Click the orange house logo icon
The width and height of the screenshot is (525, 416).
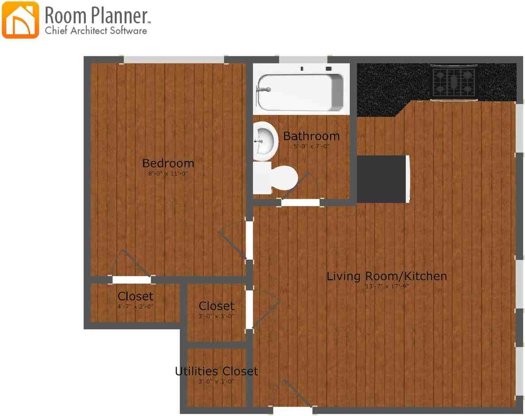pyautogui.click(x=20, y=20)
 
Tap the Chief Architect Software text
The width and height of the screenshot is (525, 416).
pyautogui.click(x=96, y=31)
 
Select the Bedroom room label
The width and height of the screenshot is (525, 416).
pyautogui.click(x=168, y=163)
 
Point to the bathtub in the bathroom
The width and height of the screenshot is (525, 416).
pyautogui.click(x=301, y=92)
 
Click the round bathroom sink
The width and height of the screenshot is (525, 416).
pyautogui.click(x=265, y=141)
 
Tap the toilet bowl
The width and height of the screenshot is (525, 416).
pyautogui.click(x=283, y=177)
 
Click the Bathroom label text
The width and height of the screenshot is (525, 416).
pyautogui.click(x=311, y=136)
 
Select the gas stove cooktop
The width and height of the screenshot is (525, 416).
pyautogui.click(x=454, y=81)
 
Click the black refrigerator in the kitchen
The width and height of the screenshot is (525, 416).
pyautogui.click(x=382, y=179)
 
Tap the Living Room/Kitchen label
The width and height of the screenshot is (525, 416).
pyautogui.click(x=386, y=276)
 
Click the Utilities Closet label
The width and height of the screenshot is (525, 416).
pyautogui.click(x=216, y=371)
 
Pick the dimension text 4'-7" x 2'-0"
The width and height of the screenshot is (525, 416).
pyautogui.click(x=135, y=306)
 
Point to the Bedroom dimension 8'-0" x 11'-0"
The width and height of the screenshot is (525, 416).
pyautogui.click(x=168, y=174)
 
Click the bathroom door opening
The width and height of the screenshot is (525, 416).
pyautogui.click(x=301, y=203)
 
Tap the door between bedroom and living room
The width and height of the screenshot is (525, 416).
pyautogui.click(x=249, y=240)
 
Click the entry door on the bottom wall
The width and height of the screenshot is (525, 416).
pyautogui.click(x=293, y=410)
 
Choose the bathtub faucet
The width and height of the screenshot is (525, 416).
pyautogui.click(x=264, y=90)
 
